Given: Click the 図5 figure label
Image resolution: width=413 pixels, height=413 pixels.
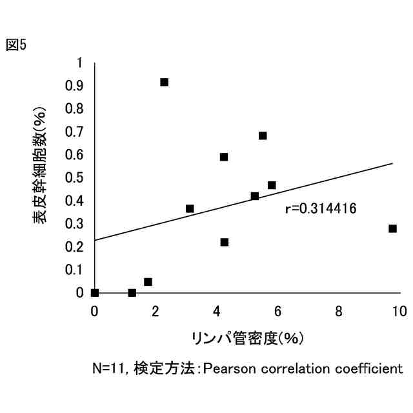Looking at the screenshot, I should coord(16,45).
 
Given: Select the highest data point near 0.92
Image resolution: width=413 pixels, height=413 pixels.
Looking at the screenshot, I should coord(164,82).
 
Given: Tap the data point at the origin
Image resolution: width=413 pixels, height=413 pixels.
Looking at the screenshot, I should coord(95,292).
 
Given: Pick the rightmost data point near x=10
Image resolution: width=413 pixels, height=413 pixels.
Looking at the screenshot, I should coord(392,228).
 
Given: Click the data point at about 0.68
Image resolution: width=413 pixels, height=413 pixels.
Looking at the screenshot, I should coord(263,136).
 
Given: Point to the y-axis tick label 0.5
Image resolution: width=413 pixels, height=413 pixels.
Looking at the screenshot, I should coord(76,177).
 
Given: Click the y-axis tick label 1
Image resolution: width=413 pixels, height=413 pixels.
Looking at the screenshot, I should coord(80,63).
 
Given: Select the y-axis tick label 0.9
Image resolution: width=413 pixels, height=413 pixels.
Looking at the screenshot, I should coord(76,86).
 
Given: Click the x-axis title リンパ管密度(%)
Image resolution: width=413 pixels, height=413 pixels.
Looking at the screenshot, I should coord(247,337).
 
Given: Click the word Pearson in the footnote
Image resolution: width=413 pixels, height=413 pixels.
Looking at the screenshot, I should coord(226,369).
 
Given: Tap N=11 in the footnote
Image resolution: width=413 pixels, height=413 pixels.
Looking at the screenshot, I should coord(110,369).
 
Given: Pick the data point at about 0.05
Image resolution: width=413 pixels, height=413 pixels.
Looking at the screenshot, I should coord(148,282).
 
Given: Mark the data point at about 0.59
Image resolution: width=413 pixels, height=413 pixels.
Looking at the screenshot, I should coord(224,157).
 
